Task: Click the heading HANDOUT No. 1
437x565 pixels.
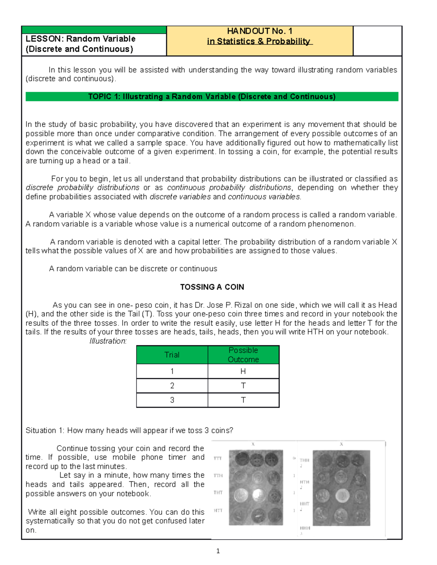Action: [x=259, y=31]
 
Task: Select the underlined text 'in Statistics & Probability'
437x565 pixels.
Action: [x=259, y=41]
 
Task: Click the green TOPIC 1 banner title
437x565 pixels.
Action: [x=212, y=96]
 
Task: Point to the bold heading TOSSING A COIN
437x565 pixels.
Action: [x=212, y=287]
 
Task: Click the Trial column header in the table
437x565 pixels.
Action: [x=172, y=355]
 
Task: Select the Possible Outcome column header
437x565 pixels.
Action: [x=243, y=355]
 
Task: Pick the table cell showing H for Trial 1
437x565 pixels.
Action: [x=243, y=371]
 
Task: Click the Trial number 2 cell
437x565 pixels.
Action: [x=172, y=386]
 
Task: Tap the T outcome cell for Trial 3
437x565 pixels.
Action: [x=243, y=400]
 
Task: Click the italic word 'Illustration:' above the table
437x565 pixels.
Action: [x=108, y=341]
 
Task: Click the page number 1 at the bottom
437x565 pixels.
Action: [x=218, y=551]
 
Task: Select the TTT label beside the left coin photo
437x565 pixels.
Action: [x=218, y=458]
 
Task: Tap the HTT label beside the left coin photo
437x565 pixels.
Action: [x=218, y=510]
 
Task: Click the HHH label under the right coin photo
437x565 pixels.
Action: [x=305, y=528]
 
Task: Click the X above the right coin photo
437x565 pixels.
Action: [x=341, y=444]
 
